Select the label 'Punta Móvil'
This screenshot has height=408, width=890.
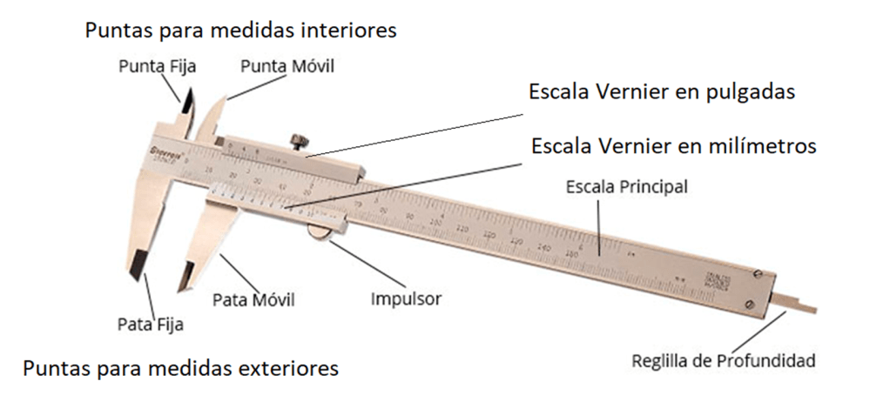[x=287, y=65]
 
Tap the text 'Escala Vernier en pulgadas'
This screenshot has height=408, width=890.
[x=662, y=92]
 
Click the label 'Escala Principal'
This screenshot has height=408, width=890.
[x=627, y=186]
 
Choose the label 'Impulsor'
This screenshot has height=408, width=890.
[x=406, y=298]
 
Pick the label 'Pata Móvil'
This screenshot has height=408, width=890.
[x=253, y=300]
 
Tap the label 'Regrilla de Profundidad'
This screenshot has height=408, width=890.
[x=724, y=359]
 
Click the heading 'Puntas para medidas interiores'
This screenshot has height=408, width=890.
[x=240, y=30]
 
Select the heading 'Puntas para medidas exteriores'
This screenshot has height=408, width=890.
[x=180, y=368]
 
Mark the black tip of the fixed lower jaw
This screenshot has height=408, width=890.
[x=138, y=265]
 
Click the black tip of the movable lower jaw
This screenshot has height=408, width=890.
[x=185, y=277]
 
